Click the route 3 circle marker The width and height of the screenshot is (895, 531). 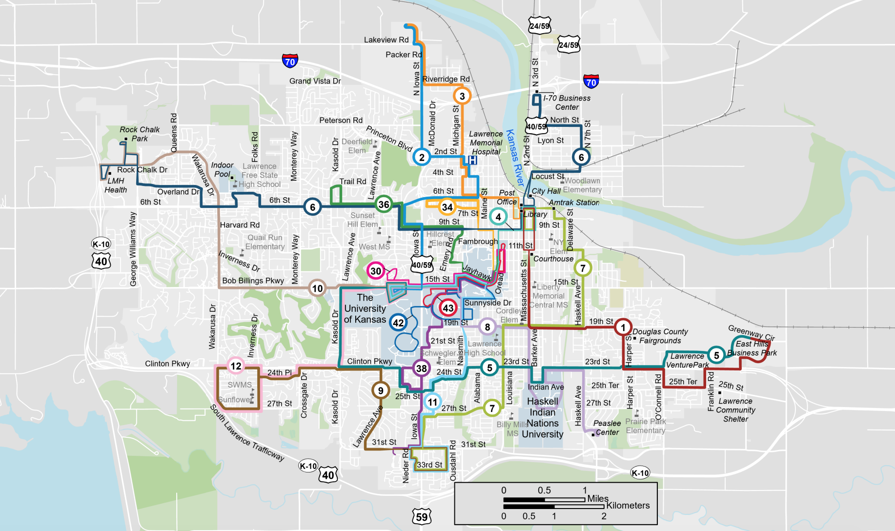click(x=462, y=96)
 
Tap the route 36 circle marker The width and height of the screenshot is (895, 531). click(x=384, y=204)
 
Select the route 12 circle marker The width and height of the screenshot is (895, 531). click(x=236, y=366)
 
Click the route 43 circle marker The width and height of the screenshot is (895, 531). click(x=448, y=308)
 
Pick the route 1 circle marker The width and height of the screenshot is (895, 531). click(x=623, y=327)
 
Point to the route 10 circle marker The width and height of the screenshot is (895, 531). click(x=317, y=288)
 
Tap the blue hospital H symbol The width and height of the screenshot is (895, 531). click(x=472, y=160)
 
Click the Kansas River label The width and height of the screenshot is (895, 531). click(x=514, y=158)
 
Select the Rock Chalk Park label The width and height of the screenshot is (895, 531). click(x=140, y=134)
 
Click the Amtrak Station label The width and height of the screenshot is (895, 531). click(x=574, y=203)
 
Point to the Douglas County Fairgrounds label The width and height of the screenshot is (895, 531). click(x=660, y=336)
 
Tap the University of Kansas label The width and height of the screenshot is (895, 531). click(x=365, y=308)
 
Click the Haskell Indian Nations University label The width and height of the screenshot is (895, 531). click(x=543, y=417)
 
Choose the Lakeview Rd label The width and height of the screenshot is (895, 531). click(x=386, y=40)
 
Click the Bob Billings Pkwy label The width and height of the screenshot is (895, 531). click(x=253, y=281)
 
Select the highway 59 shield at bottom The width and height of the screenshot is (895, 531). click(x=422, y=517)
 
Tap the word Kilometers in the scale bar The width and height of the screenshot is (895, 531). click(x=628, y=506)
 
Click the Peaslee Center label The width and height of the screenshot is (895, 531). click(x=607, y=428)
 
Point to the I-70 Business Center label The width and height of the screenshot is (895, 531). click(x=567, y=102)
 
